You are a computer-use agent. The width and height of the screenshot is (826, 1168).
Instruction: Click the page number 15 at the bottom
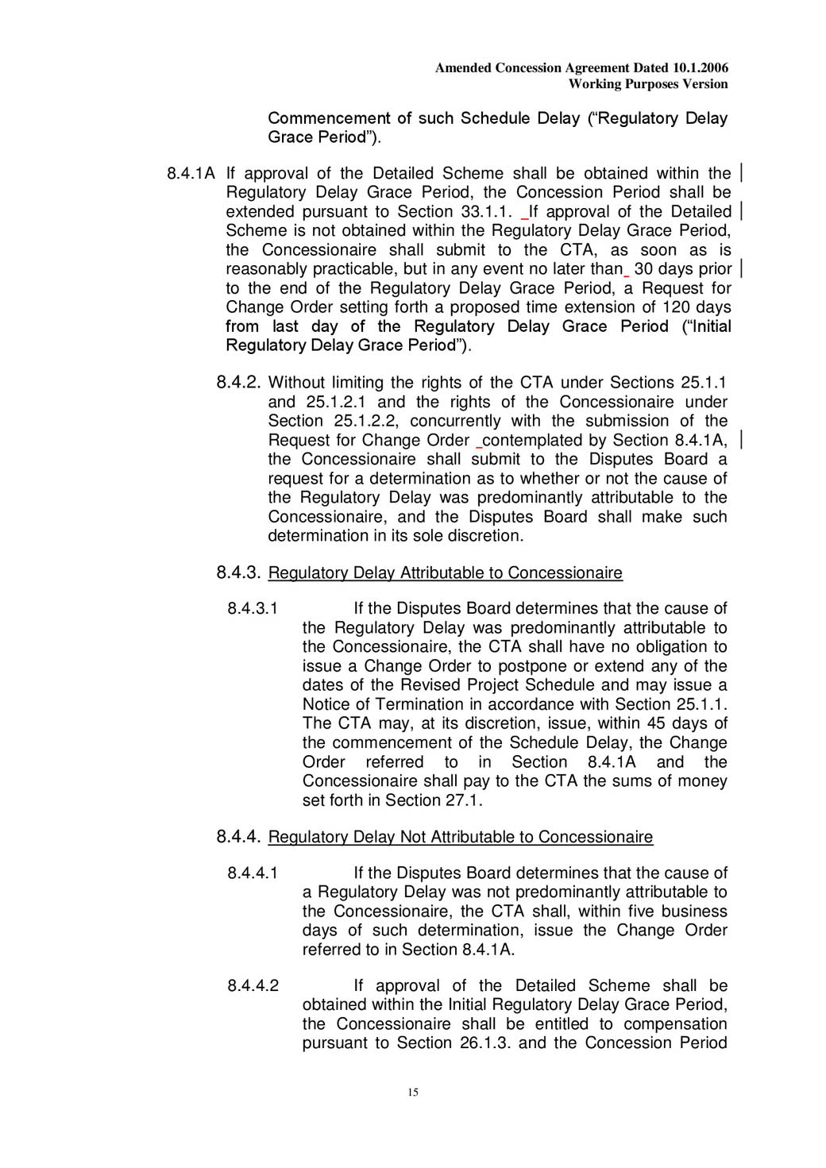tap(413, 1093)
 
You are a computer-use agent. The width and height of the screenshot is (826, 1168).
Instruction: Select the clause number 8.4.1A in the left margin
tap(191, 174)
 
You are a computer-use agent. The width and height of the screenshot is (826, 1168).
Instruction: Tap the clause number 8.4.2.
tap(237, 383)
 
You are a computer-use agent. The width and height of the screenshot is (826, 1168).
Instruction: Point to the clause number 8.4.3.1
tap(253, 609)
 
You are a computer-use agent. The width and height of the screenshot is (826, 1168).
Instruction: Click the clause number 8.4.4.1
tap(253, 873)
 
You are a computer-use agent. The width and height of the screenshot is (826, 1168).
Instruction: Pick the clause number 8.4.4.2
tap(253, 986)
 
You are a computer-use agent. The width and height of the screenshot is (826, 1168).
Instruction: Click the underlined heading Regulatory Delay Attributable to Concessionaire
tap(445, 573)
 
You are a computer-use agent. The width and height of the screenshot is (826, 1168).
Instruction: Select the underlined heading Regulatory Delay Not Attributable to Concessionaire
tap(460, 837)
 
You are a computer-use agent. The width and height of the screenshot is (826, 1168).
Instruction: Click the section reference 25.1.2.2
tap(365, 421)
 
